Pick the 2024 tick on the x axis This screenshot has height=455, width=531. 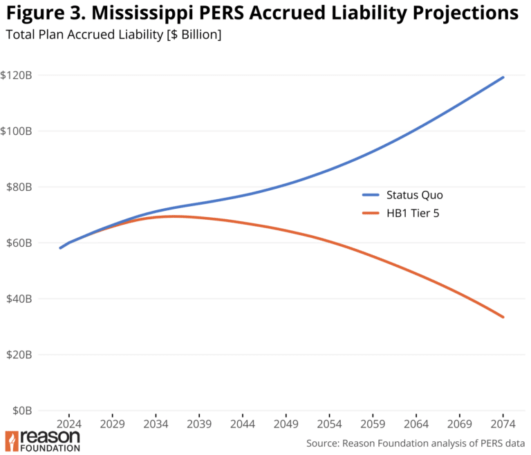[x=68, y=423]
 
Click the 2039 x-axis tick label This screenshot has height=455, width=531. [x=198, y=423]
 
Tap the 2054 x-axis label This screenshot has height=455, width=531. [x=329, y=423]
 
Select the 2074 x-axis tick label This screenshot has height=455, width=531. [x=503, y=423]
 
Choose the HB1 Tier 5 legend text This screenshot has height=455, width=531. [x=413, y=214]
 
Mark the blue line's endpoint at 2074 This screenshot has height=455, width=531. [x=503, y=77]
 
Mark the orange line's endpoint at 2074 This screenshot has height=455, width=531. [x=503, y=317]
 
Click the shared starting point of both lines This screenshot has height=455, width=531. [x=61, y=248]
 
